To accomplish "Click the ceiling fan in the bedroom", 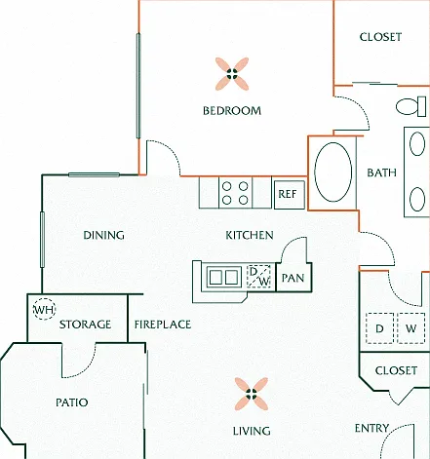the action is [x=232, y=74].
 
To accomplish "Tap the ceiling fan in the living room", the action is [x=252, y=394].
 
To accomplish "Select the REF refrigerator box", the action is [x=290, y=194].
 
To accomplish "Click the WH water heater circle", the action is [x=45, y=309].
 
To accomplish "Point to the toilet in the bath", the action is [x=411, y=106].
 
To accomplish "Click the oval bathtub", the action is [x=333, y=172].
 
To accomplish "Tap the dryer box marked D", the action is [x=379, y=328].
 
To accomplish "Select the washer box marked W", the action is [x=411, y=328].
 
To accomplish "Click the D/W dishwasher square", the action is [x=258, y=277].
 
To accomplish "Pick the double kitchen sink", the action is [x=223, y=277].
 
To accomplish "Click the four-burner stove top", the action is [x=235, y=193].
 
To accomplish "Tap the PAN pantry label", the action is [x=293, y=278].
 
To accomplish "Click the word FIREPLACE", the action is [x=163, y=325].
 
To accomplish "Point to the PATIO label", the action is [x=72, y=402].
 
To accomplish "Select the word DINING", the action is [x=103, y=235].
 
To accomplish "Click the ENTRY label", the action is [x=371, y=428].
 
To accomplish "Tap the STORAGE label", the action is [x=85, y=325].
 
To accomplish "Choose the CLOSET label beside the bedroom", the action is [x=380, y=37].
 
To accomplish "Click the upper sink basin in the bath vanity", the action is [x=417, y=144].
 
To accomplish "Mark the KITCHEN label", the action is [x=250, y=235].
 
